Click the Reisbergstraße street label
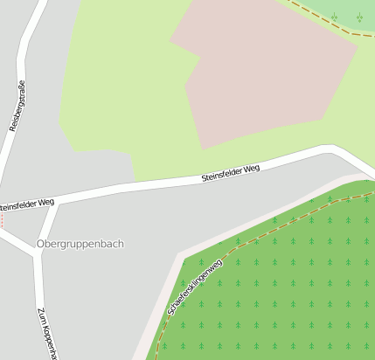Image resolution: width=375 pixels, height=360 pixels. [17, 106]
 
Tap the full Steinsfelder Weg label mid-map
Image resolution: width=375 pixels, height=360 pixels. [231, 173]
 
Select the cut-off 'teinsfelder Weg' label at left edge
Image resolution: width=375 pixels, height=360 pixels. [27, 204]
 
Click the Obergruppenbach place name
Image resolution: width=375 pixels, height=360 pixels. [80, 243]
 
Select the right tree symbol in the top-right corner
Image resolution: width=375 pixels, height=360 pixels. [359, 17]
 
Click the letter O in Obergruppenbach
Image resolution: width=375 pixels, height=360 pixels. [41, 243]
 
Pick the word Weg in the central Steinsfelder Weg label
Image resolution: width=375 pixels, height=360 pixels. [251, 169]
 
